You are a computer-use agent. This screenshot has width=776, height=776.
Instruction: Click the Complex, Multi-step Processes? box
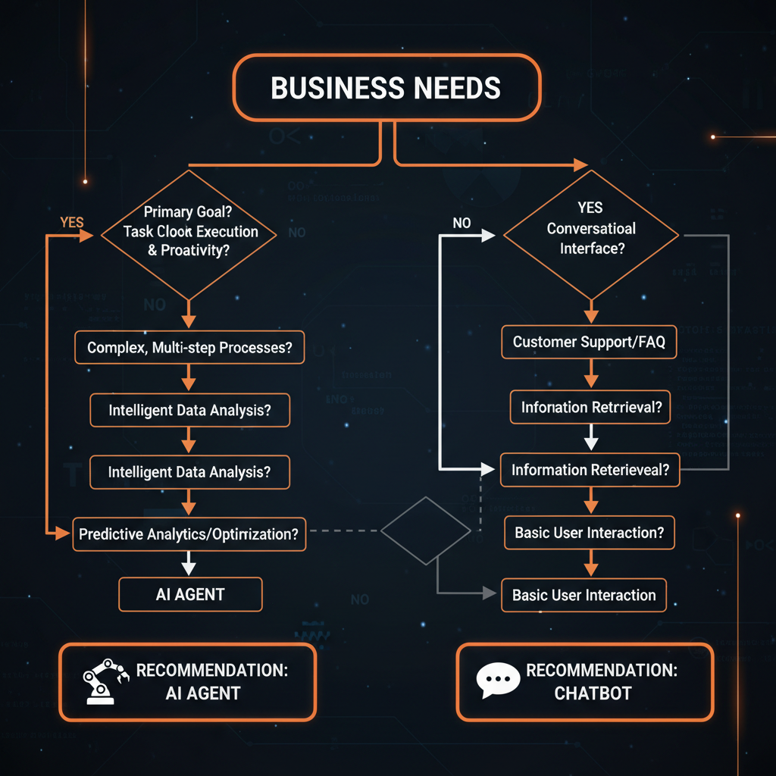[x=189, y=349]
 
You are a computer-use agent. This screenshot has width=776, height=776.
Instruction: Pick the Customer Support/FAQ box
[x=589, y=342]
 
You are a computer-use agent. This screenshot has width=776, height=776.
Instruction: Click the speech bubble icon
[x=497, y=681]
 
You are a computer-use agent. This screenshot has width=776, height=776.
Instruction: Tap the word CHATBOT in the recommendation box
[x=593, y=693]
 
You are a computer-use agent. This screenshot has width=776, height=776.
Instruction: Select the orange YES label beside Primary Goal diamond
[x=71, y=222]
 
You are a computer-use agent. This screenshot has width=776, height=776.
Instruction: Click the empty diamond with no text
[x=427, y=530]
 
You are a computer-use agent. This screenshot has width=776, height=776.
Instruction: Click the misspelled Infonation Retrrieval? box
[x=591, y=408]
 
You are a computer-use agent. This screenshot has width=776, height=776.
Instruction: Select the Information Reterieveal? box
[x=590, y=470]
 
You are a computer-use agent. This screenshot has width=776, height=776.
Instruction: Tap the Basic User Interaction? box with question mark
[x=589, y=533]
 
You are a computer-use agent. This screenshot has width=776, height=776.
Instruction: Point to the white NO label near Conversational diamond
[x=462, y=223]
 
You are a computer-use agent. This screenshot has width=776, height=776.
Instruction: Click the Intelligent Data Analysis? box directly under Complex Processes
[x=189, y=410]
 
